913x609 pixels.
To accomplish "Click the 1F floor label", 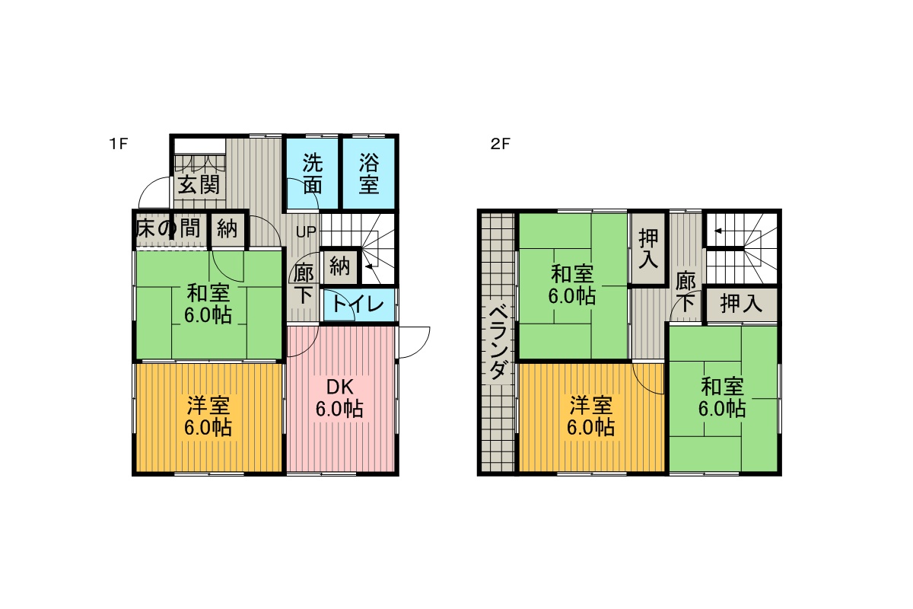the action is pyautogui.click(x=119, y=144).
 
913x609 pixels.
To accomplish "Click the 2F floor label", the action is pyautogui.click(x=500, y=144).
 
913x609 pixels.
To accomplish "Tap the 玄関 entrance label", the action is pyautogui.click(x=199, y=186).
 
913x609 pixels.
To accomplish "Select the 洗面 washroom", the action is pyautogui.click(x=313, y=174).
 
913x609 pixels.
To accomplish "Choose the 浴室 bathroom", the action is pyautogui.click(x=368, y=174).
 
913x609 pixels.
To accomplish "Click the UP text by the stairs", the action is pyautogui.click(x=306, y=232).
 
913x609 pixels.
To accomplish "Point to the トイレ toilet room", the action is pyautogui.click(x=358, y=304).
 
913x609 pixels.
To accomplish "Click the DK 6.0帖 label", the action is pyautogui.click(x=339, y=398).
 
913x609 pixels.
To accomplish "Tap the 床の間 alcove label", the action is pyautogui.click(x=168, y=228).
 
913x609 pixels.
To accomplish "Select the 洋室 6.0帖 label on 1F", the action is pyautogui.click(x=208, y=416).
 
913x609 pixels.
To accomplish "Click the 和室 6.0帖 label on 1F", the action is pyautogui.click(x=208, y=304).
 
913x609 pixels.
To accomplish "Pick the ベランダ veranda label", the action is pyautogui.click(x=498, y=343).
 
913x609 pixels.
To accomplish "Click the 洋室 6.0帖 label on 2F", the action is pyautogui.click(x=590, y=416).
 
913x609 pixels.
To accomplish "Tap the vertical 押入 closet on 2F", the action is pyautogui.click(x=648, y=249).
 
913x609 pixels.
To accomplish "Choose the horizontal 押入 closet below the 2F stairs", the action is pyautogui.click(x=741, y=304).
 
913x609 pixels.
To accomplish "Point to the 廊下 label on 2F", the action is pyautogui.click(x=686, y=292).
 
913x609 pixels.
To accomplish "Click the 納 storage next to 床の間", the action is pyautogui.click(x=227, y=228).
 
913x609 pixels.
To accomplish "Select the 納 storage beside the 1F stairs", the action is pyautogui.click(x=340, y=266).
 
